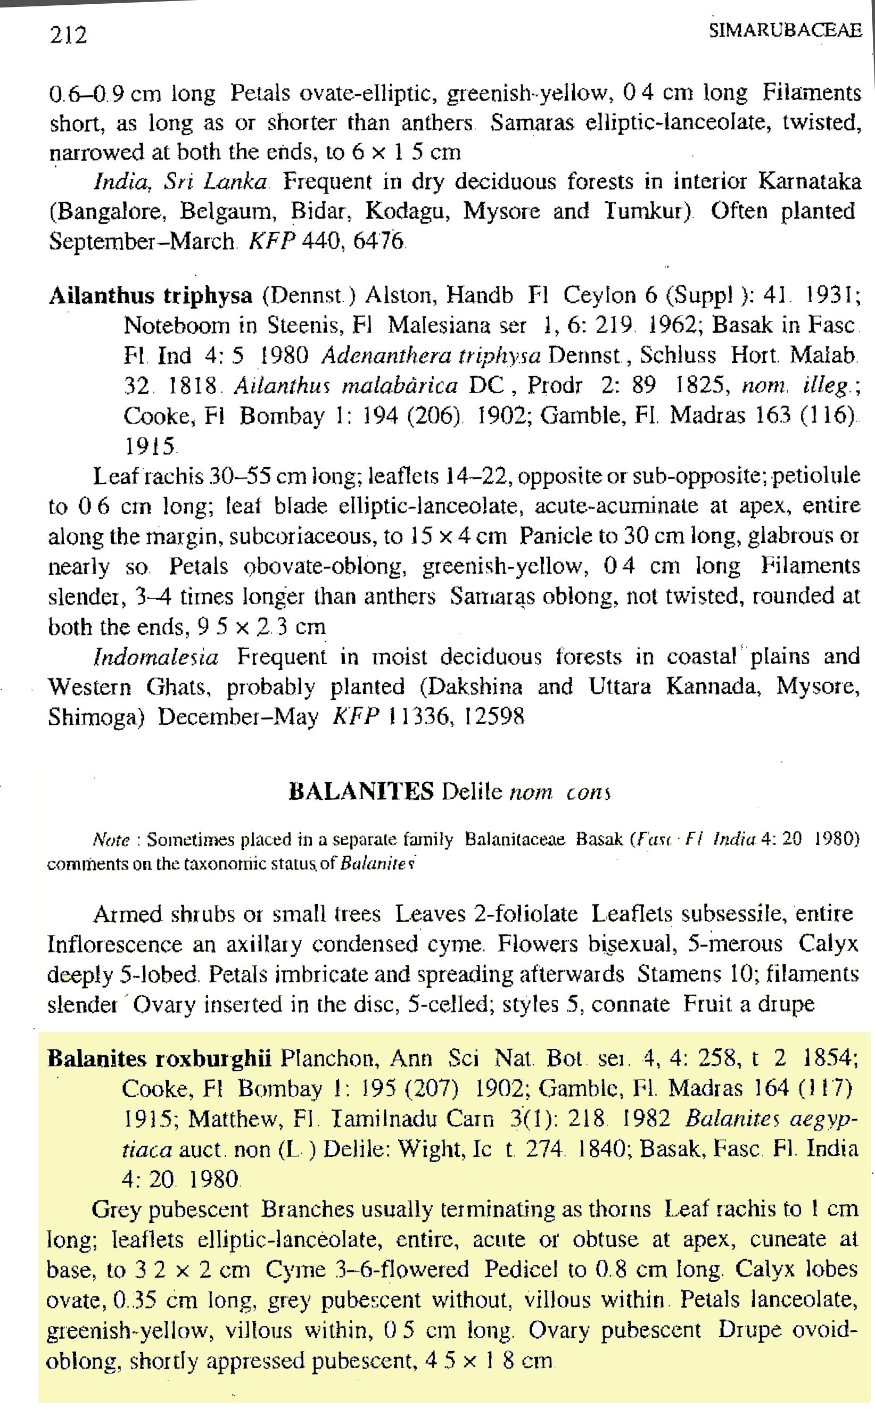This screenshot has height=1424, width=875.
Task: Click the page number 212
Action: pos(68,36)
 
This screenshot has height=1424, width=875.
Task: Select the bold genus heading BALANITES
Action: pos(361,790)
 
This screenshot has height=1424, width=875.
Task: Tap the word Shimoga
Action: pos(95,717)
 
